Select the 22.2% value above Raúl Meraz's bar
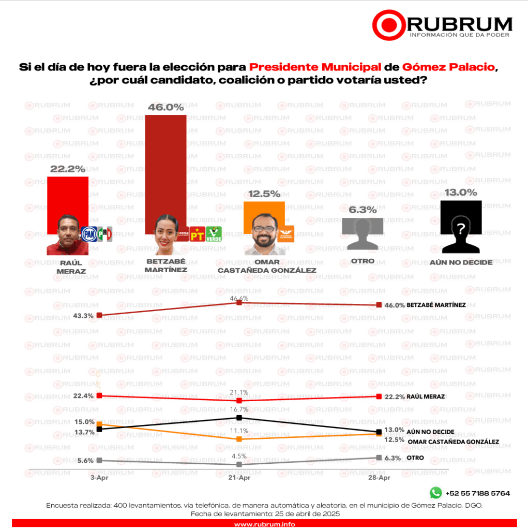tap(67, 169)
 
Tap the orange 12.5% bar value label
tap(264, 194)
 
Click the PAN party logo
tap(89, 234)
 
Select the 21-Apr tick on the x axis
tap(239, 478)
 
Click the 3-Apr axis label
tap(99, 478)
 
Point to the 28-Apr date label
tap(379, 478)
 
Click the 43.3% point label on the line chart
tap(85, 316)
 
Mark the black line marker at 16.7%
tap(239, 418)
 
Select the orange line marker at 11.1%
tap(239, 439)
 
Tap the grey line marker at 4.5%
tap(239, 464)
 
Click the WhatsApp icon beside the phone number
tap(435, 493)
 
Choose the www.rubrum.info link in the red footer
tap(264, 524)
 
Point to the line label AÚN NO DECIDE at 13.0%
tap(431, 432)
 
